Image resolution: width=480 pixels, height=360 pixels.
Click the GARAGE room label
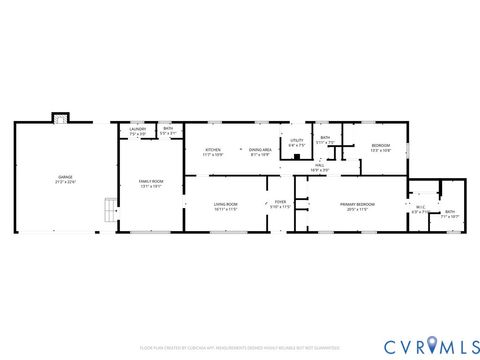pos(64,176)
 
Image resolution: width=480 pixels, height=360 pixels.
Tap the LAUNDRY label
pos(138,129)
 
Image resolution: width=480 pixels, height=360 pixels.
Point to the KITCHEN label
pos(213,150)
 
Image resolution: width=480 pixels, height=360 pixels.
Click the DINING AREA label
pos(260,150)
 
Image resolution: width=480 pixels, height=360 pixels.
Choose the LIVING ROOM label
pos(225,204)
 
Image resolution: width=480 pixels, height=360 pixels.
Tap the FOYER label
pos(281,203)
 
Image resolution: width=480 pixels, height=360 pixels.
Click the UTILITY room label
pos(297,141)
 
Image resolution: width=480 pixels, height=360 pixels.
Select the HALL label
pos(319,166)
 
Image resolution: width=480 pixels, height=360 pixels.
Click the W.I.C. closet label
pos(419,208)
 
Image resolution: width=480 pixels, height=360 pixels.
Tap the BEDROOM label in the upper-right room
pos(381,146)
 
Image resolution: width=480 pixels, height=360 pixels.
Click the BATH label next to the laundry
pos(168,129)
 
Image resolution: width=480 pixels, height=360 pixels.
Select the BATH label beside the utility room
pos(325,137)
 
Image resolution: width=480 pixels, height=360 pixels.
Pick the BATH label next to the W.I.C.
pos(450,211)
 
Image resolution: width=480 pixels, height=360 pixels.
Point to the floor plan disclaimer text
pos(239,347)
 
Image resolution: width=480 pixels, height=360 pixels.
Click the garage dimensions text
pos(64,182)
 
